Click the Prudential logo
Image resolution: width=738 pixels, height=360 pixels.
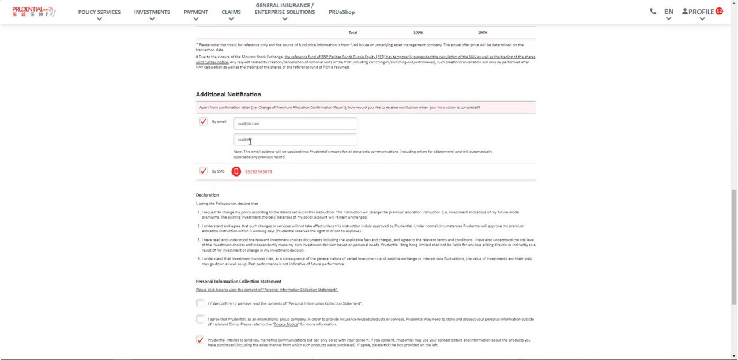coord(33,12)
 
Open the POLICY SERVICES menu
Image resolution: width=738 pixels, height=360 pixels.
coord(99,12)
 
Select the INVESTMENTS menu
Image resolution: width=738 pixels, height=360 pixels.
coord(152,12)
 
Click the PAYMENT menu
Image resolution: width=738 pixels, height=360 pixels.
coord(195,12)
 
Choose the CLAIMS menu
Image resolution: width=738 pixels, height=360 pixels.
coord(231,12)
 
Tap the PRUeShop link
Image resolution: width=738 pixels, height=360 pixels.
coord(341,12)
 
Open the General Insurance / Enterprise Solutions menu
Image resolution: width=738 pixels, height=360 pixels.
coord(284,9)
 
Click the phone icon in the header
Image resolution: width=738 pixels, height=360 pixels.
coord(653,12)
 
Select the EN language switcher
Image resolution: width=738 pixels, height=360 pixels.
coord(668,12)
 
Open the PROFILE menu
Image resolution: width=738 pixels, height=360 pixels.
coord(698,12)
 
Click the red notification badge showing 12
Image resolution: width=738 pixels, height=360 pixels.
coord(719,11)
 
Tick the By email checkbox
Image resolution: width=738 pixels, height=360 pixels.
coord(203,122)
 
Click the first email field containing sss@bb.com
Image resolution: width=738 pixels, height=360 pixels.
coord(295,123)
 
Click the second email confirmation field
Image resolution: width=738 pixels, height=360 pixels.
coord(295,140)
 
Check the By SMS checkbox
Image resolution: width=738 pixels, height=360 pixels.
coord(203,171)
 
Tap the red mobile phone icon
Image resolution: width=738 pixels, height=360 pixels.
coord(236,171)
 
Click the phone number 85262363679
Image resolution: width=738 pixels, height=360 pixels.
coord(258,172)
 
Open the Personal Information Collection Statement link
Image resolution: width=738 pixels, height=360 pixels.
coord(266,290)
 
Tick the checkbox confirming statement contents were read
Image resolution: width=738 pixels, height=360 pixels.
coord(200,303)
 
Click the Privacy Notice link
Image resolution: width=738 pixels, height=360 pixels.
coord(285,324)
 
